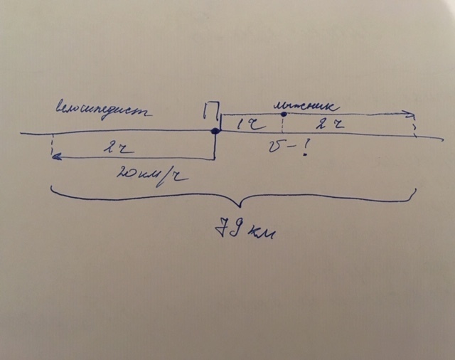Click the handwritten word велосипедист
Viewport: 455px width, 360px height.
tap(103, 112)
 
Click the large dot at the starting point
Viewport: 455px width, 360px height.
tap(215, 131)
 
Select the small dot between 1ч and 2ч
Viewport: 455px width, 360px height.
tap(284, 114)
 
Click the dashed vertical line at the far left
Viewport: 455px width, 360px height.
tap(52, 146)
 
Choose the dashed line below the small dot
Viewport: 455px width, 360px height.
tap(284, 125)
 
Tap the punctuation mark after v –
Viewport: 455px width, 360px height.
tap(306, 149)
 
